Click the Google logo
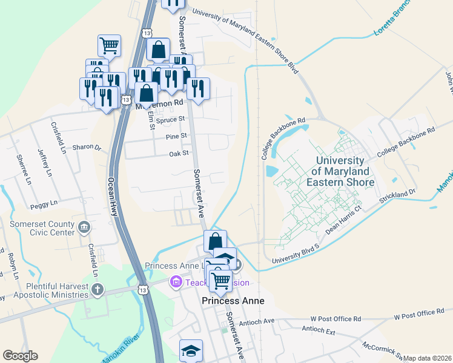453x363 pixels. [x=20, y=356]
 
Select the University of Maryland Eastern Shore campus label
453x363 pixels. [x=340, y=171]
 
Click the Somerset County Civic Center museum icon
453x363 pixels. [x=84, y=227]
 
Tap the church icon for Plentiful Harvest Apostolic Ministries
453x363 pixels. [x=98, y=290]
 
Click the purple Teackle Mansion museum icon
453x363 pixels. [x=176, y=281]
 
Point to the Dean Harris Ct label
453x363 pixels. [x=343, y=218]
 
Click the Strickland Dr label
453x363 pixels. [x=397, y=195]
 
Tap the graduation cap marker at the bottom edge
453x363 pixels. [x=191, y=351]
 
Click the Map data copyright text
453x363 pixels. [x=427, y=358]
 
